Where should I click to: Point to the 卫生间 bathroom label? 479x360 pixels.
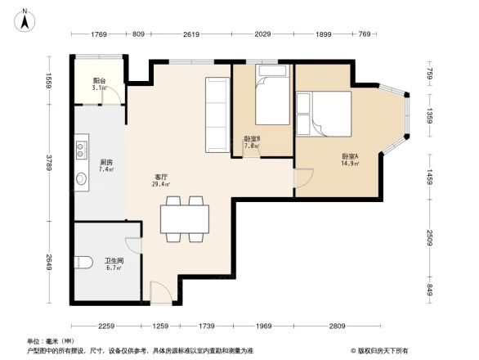tap(113, 263)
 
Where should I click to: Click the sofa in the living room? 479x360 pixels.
tap(217, 115)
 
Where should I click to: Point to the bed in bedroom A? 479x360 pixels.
tap(325, 113)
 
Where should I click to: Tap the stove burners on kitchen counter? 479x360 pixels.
tap(82, 149)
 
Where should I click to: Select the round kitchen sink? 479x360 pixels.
tap(82, 179)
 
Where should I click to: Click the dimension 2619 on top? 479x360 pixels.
tap(191, 34)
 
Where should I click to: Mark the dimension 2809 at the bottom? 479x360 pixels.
tap(337, 326)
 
